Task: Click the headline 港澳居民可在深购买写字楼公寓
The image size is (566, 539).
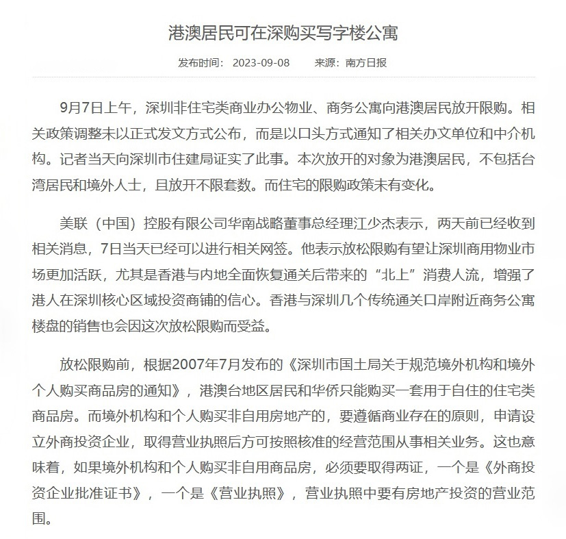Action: coord(283,32)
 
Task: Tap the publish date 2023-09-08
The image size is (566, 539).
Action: coord(261,63)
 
